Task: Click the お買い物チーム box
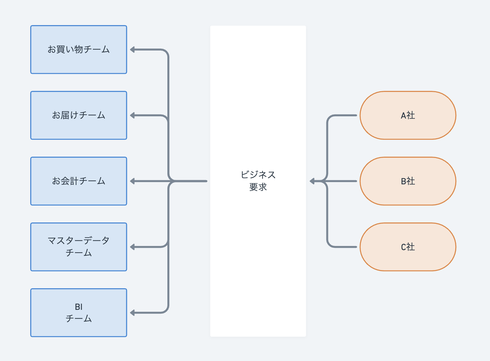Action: pyautogui.click(x=79, y=50)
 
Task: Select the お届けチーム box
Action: pyautogui.click(x=79, y=115)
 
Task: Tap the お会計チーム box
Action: pyautogui.click(x=79, y=181)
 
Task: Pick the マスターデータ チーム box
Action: pyautogui.click(x=79, y=247)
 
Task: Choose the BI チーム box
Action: pyautogui.click(x=79, y=313)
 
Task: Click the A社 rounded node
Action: pyautogui.click(x=408, y=115)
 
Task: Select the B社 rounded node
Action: pyautogui.click(x=408, y=181)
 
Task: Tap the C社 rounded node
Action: pyautogui.click(x=408, y=247)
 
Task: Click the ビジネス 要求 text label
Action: pyautogui.click(x=258, y=181)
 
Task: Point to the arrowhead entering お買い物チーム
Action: pyautogui.click(x=132, y=50)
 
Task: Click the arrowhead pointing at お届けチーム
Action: pyautogui.click(x=132, y=115)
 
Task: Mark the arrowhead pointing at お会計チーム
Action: pyautogui.click(x=132, y=181)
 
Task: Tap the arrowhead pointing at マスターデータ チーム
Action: pyautogui.click(x=132, y=247)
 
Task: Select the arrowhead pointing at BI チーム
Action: pyautogui.click(x=132, y=313)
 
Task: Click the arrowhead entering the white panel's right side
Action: pyautogui.click(x=312, y=181)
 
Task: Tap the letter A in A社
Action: pyautogui.click(x=403, y=116)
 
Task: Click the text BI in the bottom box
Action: pyautogui.click(x=79, y=307)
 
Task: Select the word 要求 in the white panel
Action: pyautogui.click(x=258, y=187)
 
